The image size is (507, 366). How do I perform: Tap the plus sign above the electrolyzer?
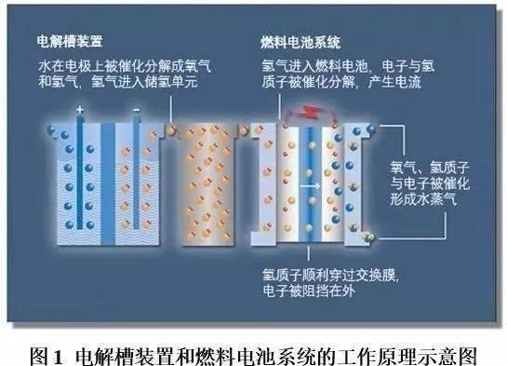(80, 108)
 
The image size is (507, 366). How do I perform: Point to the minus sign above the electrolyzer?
(136, 108)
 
